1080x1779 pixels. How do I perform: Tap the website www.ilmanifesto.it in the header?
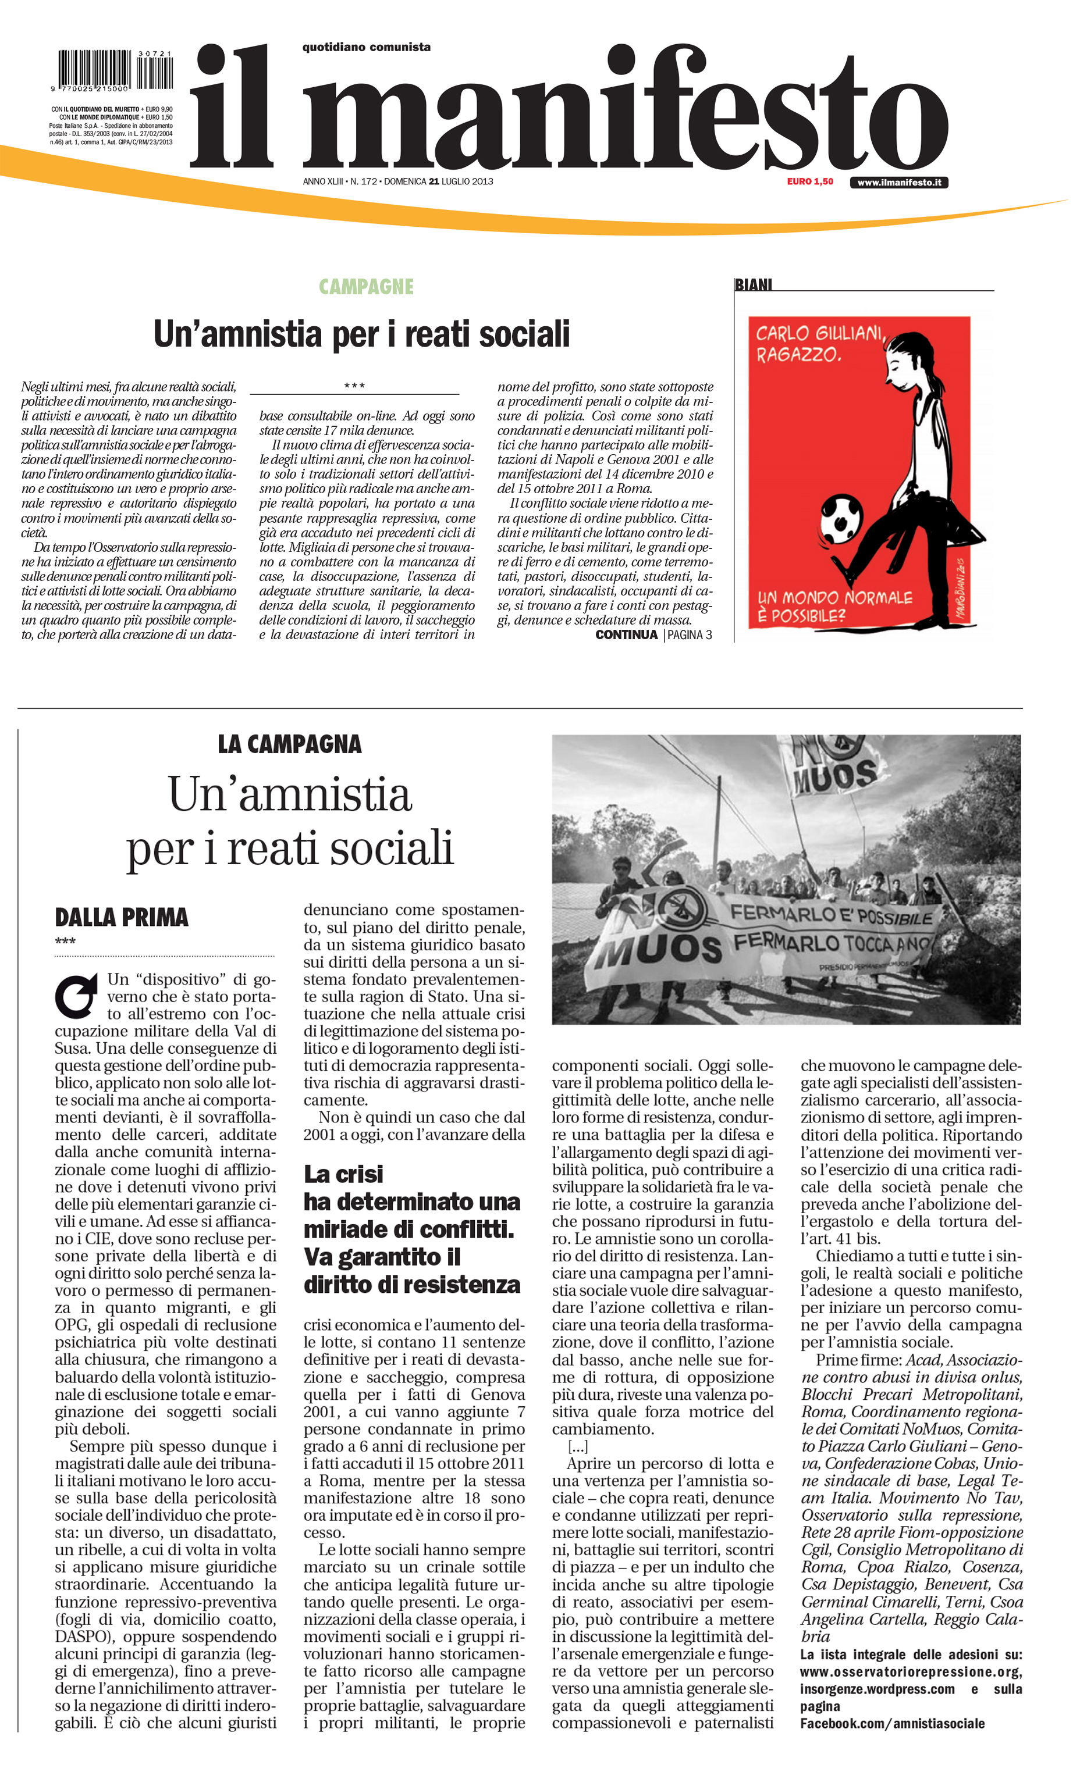pyautogui.click(x=898, y=183)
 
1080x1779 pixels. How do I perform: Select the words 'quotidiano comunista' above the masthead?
pyautogui.click(x=366, y=48)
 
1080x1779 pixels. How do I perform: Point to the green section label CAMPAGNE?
pyautogui.click(x=366, y=287)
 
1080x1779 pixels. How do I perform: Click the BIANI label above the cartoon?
pyautogui.click(x=753, y=285)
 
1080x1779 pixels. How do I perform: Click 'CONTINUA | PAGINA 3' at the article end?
pyautogui.click(x=653, y=634)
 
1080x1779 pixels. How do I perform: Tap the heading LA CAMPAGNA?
pyautogui.click(x=289, y=744)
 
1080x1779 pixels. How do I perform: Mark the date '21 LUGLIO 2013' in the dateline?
pyautogui.click(x=460, y=182)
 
